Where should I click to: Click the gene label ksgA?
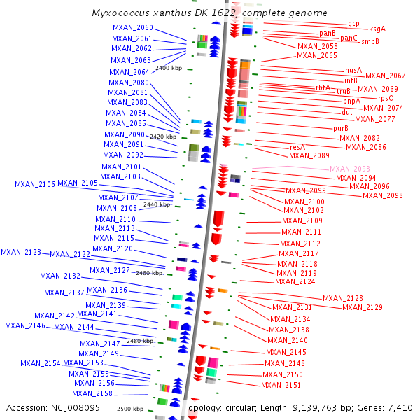pos(377,29)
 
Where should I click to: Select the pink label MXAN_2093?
pos(349,169)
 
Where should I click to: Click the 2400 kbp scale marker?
pos(169,69)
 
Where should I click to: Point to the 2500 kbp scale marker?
pos(130,408)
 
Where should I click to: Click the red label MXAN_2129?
pos(363,307)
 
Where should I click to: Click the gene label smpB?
pos(370,41)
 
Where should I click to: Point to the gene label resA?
pos(297,147)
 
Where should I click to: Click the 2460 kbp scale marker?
pos(149,272)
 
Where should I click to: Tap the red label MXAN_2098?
pos(382,195)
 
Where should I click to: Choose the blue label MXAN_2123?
pos(21,252)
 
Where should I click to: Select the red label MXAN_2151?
pos(281,385)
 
